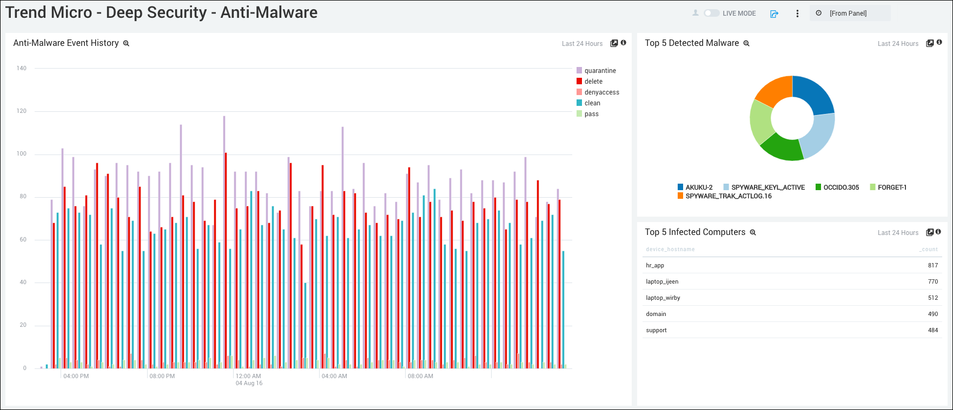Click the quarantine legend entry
[x=600, y=71]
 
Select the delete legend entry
[x=593, y=82]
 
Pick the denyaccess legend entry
[x=601, y=92]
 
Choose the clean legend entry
[x=592, y=103]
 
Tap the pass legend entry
[x=591, y=114]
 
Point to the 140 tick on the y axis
[x=22, y=69]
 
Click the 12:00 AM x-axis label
[x=248, y=376]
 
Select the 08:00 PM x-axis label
[x=162, y=376]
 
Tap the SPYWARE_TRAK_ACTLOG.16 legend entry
[x=728, y=196]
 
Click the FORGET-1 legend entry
[x=892, y=187]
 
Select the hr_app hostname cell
[x=655, y=265]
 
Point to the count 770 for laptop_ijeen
[x=932, y=281]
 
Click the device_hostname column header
[x=670, y=250]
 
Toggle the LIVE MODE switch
[x=711, y=14]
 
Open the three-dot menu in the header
[x=797, y=14]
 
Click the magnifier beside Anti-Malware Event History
[x=126, y=44]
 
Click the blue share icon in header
[x=774, y=14]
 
